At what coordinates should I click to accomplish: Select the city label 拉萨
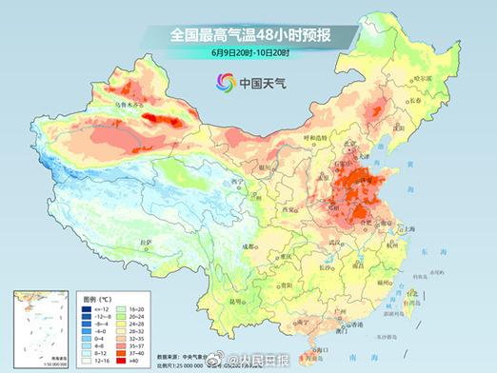(143, 244)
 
